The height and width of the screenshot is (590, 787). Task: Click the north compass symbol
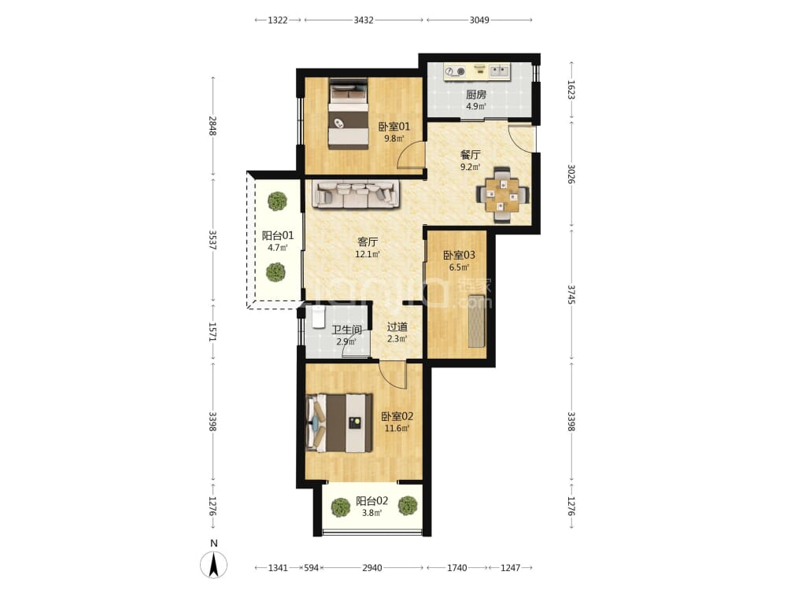coord(214,565)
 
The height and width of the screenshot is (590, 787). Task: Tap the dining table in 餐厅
coord(502,194)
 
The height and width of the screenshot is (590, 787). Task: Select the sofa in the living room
coord(356,194)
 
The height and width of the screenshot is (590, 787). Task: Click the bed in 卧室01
coord(349,113)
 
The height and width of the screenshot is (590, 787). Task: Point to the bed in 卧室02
coord(340,423)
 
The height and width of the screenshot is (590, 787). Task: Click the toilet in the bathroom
coord(319,317)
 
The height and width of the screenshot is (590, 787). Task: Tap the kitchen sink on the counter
coord(499,71)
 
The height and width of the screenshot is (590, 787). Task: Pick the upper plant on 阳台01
coord(277,201)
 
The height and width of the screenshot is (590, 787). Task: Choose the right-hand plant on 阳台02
coord(408,505)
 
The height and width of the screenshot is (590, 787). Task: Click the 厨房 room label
coord(476,94)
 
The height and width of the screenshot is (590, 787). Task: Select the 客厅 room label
coord(368,242)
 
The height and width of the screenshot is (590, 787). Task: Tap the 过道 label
coord(397,326)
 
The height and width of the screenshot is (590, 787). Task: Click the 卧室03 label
coord(459,255)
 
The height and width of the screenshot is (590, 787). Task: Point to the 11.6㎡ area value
coord(397,429)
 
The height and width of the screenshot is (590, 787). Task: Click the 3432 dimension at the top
coord(364,20)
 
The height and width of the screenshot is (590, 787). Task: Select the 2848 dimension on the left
coord(212,126)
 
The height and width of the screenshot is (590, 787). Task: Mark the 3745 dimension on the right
coord(571,294)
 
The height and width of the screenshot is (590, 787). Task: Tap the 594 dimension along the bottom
coord(312,568)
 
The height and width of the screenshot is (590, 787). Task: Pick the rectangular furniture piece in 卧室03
coord(477,322)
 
